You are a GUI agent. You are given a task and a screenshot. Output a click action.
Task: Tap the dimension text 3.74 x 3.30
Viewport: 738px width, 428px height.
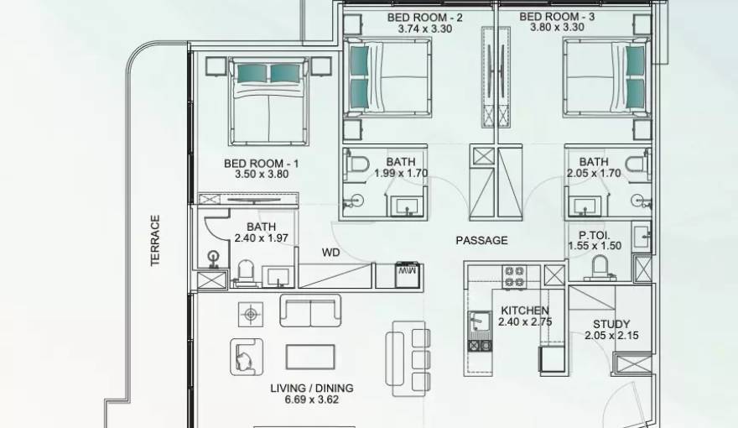click(425, 28)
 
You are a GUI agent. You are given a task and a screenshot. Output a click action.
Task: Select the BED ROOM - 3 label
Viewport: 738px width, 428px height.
click(557, 16)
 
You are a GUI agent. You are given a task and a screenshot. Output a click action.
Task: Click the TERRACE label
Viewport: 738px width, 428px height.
click(154, 241)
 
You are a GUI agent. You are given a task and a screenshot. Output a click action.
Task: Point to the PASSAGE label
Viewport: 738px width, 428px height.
click(481, 240)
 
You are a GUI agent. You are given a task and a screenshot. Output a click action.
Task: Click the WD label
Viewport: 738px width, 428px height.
click(330, 252)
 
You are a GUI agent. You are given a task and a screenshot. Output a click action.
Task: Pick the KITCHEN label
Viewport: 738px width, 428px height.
click(525, 311)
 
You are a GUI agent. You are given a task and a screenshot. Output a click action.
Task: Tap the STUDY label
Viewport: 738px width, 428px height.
click(611, 324)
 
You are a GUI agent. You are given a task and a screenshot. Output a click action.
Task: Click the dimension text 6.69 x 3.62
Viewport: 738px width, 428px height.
click(311, 399)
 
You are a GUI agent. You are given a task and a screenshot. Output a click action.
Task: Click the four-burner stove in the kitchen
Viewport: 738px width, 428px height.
click(513, 276)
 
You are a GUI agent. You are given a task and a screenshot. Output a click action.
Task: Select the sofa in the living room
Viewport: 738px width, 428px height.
click(310, 311)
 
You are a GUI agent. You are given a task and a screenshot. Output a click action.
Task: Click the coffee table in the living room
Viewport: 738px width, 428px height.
click(310, 357)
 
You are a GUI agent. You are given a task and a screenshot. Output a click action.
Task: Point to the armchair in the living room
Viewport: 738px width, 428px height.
click(246, 356)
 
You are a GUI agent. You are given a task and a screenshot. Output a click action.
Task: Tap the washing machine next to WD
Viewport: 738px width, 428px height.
click(408, 275)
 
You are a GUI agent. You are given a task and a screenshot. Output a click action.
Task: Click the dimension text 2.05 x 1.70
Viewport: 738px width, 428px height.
click(593, 174)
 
